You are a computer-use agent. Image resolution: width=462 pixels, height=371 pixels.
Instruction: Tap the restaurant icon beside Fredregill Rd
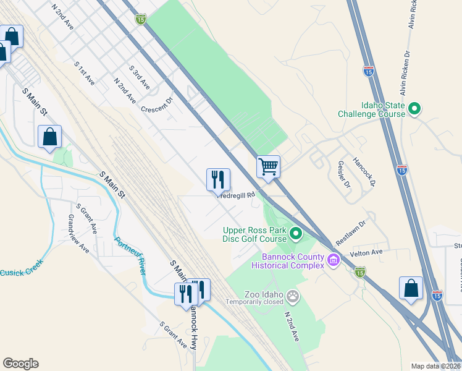218,180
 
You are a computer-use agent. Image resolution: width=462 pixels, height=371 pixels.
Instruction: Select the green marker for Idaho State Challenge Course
414,109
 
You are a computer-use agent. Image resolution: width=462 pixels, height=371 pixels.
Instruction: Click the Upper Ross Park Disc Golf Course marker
295,234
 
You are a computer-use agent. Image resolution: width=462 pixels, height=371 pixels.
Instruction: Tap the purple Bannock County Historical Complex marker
334,261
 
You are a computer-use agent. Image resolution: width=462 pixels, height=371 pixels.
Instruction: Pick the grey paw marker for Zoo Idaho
293,296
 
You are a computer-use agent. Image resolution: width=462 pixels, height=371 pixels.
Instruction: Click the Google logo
20,364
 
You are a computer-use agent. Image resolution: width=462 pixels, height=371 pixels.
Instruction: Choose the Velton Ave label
366,252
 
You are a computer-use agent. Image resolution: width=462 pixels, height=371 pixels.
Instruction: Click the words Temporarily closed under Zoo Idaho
254,302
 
